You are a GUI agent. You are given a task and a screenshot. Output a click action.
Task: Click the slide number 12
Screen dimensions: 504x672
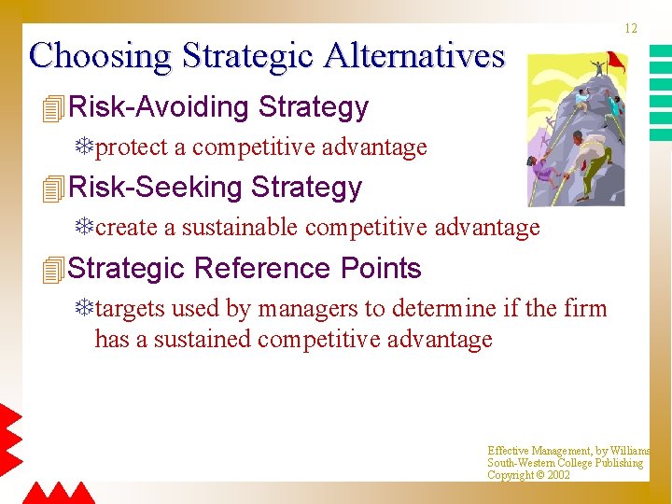pos(631,29)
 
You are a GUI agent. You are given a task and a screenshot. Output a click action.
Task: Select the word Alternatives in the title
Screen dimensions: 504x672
pos(414,56)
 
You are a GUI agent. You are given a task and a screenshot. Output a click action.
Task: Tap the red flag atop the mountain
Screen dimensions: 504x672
pos(615,61)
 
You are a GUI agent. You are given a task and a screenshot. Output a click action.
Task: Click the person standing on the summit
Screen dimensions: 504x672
pos(597,68)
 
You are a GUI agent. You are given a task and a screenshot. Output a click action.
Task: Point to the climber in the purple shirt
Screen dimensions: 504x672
pos(542,174)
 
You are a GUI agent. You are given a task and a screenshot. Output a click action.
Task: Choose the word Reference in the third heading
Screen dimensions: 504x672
pos(262,269)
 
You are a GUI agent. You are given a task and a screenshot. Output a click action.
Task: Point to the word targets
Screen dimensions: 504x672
pos(129,309)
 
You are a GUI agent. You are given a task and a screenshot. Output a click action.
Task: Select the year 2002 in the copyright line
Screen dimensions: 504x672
pos(558,475)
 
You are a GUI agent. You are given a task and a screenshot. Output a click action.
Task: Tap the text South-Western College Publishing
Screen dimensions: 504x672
pos(565,463)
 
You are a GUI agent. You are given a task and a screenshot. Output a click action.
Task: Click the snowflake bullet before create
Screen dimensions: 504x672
pos(85,228)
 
